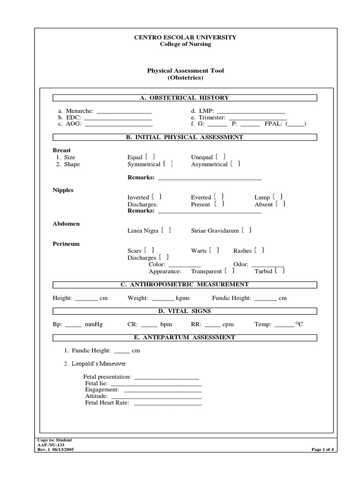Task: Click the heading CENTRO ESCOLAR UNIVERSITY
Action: click(186, 37)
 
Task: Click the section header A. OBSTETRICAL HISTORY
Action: click(185, 98)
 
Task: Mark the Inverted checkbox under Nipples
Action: click(157, 197)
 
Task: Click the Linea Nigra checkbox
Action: click(166, 230)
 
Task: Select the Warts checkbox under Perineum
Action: click(214, 251)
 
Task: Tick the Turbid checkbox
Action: click(280, 271)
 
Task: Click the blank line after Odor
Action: click(268, 265)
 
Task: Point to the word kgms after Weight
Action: click(182, 298)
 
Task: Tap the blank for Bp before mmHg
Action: click(73, 324)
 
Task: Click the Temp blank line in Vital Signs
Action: click(284, 324)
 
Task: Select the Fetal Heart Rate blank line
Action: click(168, 403)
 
